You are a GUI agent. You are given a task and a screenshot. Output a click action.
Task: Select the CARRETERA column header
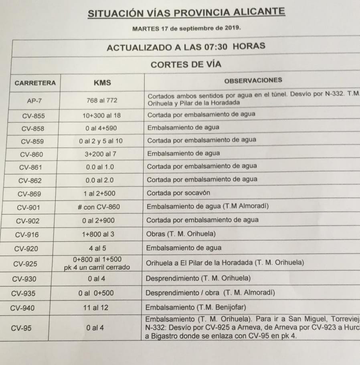[x=35, y=83]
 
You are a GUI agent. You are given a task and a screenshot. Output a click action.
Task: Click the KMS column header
[x=102, y=83]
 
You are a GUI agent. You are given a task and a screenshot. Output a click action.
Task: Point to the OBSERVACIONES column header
[x=253, y=80]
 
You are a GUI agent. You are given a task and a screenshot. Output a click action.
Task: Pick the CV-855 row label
[x=34, y=116]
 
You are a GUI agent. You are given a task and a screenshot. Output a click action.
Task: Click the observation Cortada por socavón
[x=178, y=193]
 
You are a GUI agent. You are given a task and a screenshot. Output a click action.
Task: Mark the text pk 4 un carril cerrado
[x=97, y=267]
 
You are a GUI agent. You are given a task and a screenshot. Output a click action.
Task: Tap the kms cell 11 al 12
[x=95, y=308]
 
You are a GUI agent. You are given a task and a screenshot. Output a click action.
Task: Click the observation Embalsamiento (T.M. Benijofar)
[x=196, y=308]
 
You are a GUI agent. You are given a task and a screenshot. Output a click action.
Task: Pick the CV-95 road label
[x=22, y=328]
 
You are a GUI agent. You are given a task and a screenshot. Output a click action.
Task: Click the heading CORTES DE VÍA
[x=186, y=64]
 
